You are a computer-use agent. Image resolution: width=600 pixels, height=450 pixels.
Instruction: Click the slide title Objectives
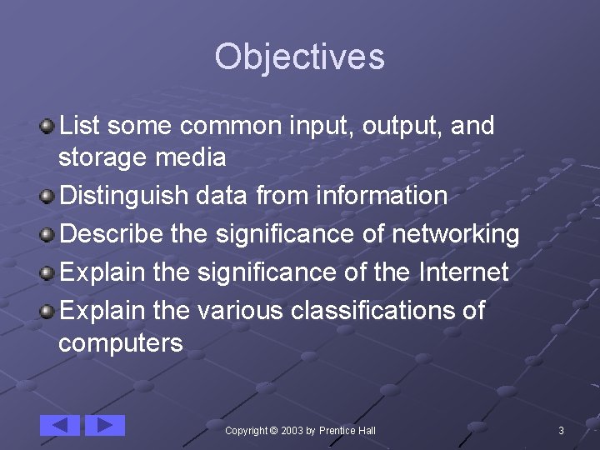299,57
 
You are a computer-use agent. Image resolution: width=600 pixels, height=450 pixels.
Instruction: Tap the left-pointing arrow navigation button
60,425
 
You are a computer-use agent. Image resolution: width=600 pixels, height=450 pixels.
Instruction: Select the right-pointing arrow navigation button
105,425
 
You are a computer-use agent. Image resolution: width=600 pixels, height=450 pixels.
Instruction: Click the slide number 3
561,430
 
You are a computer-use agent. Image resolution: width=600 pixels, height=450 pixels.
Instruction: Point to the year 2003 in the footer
292,430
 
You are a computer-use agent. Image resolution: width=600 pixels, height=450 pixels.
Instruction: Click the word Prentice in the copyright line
337,430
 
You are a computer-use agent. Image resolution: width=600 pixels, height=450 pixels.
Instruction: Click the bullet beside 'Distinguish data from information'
49,197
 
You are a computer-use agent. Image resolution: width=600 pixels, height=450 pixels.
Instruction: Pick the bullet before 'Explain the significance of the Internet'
49,272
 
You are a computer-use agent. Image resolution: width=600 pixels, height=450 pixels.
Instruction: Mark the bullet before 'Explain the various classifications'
49,311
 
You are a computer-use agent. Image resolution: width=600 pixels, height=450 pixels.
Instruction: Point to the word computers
121,342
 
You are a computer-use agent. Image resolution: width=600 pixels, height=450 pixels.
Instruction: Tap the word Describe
112,235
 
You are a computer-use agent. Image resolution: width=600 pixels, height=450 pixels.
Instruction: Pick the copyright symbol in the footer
274,430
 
